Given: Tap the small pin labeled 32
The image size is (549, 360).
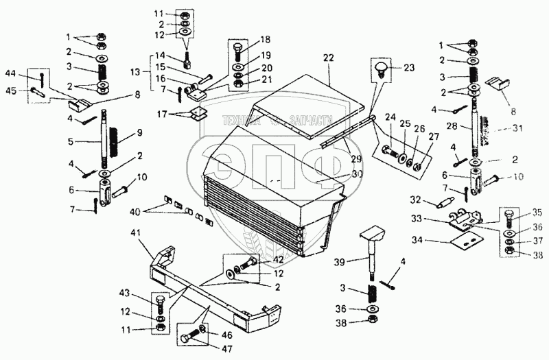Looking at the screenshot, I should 443,202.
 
